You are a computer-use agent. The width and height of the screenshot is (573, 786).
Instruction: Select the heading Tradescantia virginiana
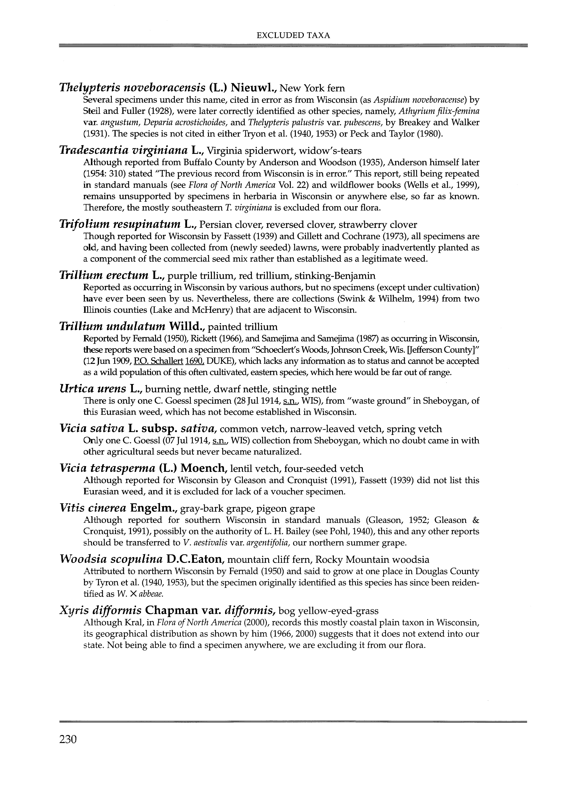click(123, 150)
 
